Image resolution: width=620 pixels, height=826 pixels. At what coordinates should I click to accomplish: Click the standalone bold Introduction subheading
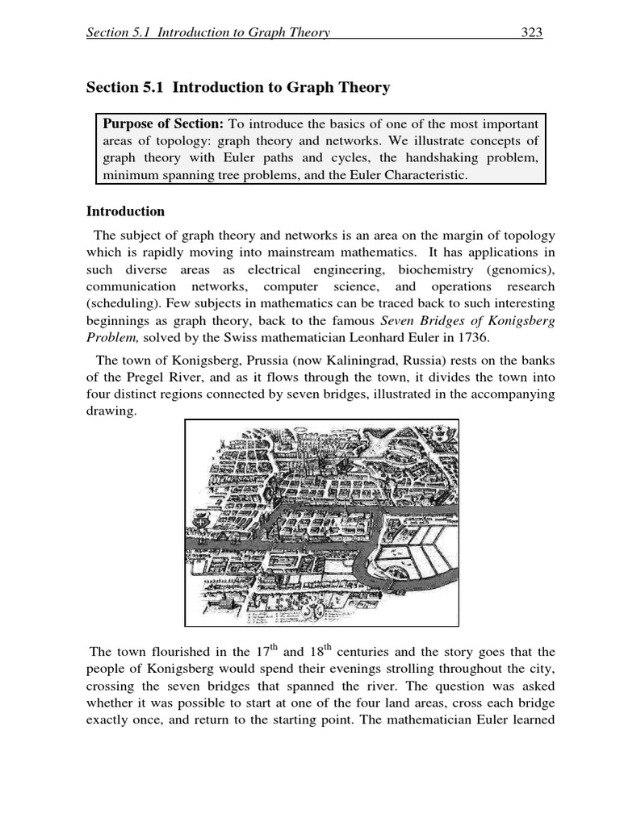125,211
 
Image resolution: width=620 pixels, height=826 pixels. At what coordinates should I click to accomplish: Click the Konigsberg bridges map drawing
321,522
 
